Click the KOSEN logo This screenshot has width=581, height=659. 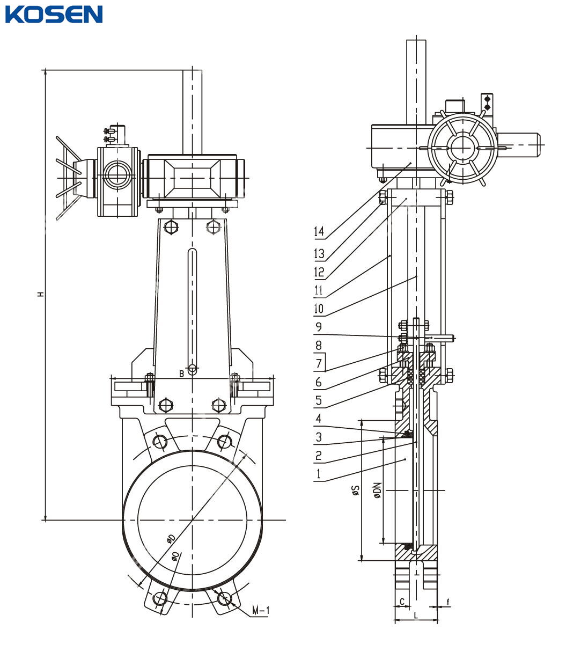[x=54, y=14]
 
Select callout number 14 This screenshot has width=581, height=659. [x=319, y=232]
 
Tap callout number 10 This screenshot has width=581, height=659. [x=319, y=309]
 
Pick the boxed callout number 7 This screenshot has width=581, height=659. [x=319, y=363]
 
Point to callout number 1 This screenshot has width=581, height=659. [x=319, y=473]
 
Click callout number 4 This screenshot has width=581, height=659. [x=319, y=418]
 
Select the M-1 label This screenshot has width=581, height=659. [x=261, y=611]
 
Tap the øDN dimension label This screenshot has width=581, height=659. [x=377, y=490]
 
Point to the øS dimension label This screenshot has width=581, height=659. [x=355, y=490]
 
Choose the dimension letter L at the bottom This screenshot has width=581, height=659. [x=415, y=615]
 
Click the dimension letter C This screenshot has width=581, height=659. [x=401, y=602]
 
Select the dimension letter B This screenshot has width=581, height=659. [x=181, y=373]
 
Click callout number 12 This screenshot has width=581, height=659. [x=319, y=272]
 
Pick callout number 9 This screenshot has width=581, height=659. [x=319, y=326]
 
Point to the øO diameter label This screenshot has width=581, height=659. [x=175, y=556]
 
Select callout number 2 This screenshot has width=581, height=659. [x=319, y=456]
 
